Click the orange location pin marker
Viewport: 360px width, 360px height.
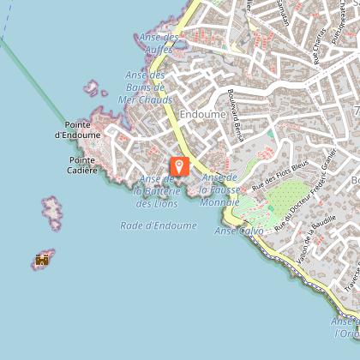coord(179,166)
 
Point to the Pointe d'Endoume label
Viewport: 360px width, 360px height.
coord(77,129)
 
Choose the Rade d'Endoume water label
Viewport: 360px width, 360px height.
coord(159,225)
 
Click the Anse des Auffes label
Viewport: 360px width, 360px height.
coord(159,44)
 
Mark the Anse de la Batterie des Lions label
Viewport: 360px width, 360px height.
coord(156,191)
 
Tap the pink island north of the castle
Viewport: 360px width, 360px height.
coord(53,210)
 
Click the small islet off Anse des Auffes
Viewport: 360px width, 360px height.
coord(91,87)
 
